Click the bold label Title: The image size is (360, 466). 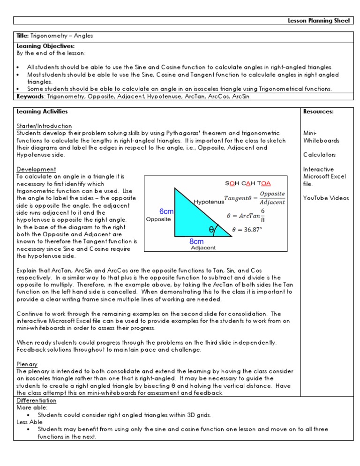pyautogui.click(x=23, y=36)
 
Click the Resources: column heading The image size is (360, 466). pyautogui.click(x=319, y=112)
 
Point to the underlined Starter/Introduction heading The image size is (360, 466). pyautogui.click(x=44, y=126)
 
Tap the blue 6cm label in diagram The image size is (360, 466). pyautogui.click(x=166, y=211)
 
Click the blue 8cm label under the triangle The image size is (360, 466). pyautogui.click(x=196, y=241)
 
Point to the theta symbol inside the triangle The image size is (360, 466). pyautogui.click(x=211, y=230)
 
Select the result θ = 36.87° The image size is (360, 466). pyautogui.click(x=254, y=230)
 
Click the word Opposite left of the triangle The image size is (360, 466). pyautogui.click(x=159, y=219)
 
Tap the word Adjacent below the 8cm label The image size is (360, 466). pyautogui.click(x=203, y=248)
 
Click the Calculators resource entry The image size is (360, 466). pyautogui.click(x=319, y=155)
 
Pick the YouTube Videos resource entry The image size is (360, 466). pyautogui.click(x=326, y=198)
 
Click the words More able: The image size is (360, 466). pyautogui.click(x=30, y=408)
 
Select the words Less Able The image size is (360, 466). pyautogui.click(x=29, y=422)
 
